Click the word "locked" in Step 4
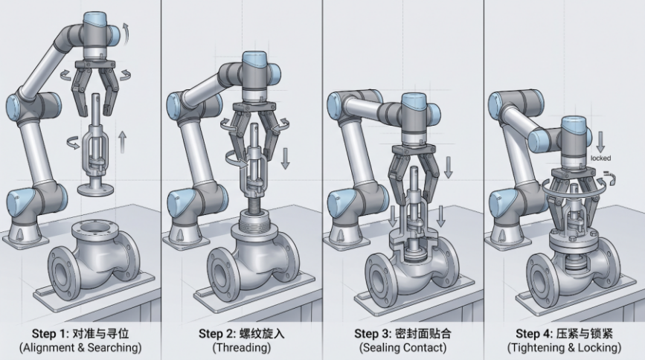tap(600, 158)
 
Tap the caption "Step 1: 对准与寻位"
tap(80, 333)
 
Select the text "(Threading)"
tap(242, 347)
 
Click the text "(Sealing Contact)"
tap(402, 347)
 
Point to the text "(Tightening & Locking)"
tap(565, 347)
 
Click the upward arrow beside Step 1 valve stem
tap(122, 142)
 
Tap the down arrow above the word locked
tap(600, 142)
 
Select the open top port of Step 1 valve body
tap(90, 226)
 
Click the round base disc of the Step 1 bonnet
tap(95, 190)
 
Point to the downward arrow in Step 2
tap(285, 158)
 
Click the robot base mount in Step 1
tap(21, 237)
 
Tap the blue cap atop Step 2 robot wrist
tap(256, 60)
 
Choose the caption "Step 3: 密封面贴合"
tap(402, 333)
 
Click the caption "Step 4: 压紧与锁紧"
tap(565, 333)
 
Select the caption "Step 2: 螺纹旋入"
tap(242, 333)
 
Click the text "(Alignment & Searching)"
tap(80, 347)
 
